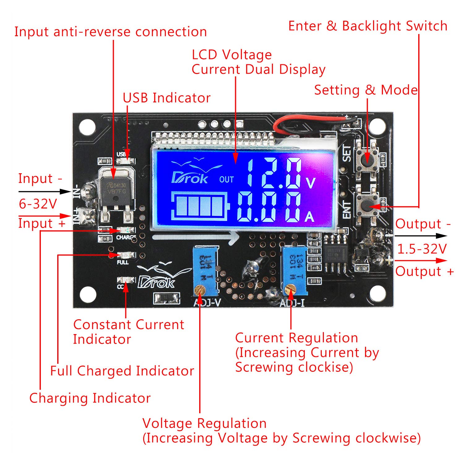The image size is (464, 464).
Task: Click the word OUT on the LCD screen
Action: pos(226,179)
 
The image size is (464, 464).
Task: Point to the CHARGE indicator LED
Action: pos(126,230)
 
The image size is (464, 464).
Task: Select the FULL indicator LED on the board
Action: pos(126,255)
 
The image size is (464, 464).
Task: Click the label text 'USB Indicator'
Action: pos(166,98)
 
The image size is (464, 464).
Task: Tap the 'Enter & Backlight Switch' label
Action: pos(367,26)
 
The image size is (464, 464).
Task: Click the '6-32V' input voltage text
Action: pos(38,204)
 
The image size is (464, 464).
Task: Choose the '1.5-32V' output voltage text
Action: pos(422,249)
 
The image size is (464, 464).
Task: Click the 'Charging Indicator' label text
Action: pos(90,398)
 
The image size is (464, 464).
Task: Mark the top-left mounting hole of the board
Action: pos(87,127)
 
